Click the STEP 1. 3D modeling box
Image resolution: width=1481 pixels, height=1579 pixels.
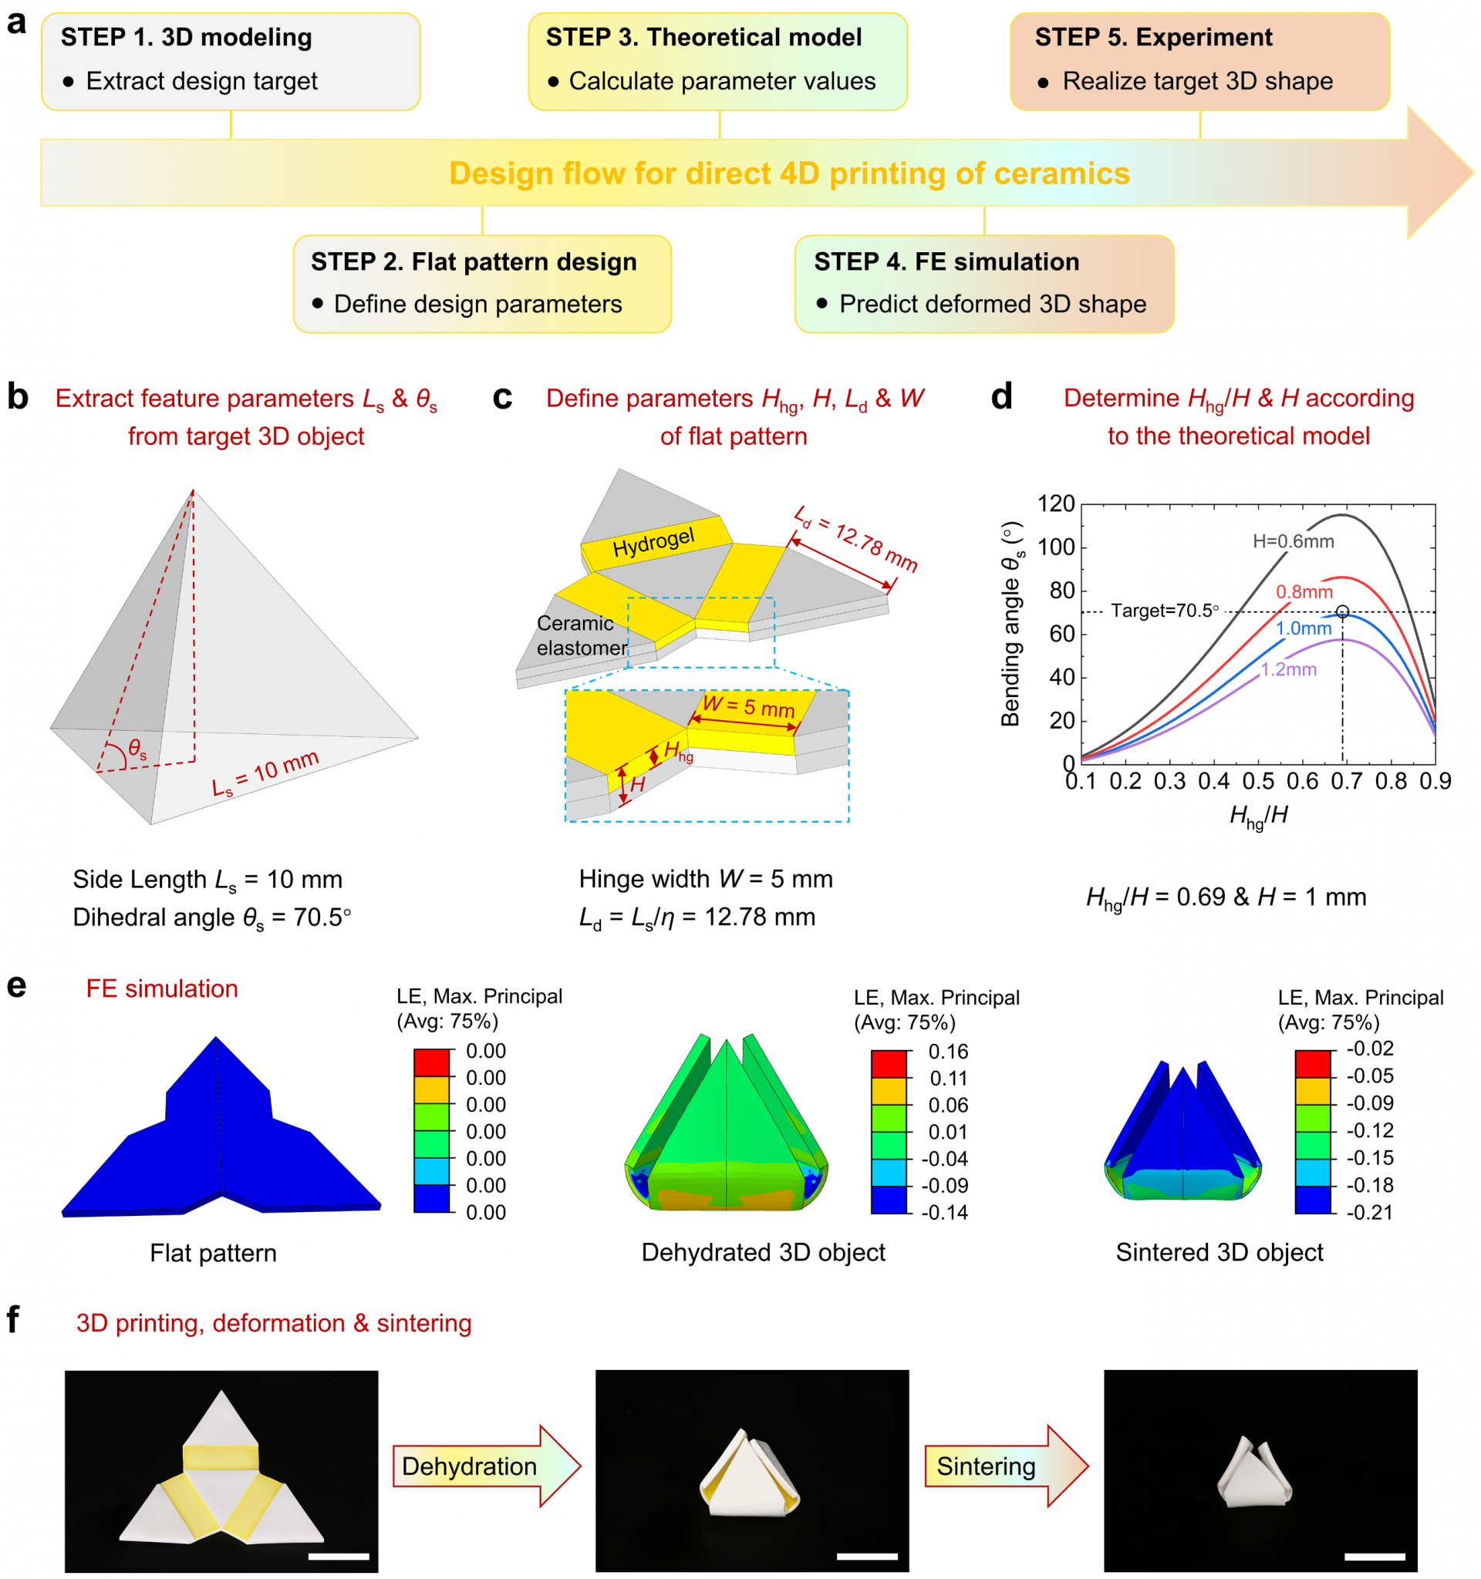(231, 61)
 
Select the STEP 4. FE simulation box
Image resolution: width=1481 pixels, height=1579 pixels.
(983, 284)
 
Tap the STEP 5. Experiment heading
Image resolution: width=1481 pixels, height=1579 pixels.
(1153, 37)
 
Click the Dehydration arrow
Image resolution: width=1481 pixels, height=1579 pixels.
(485, 1466)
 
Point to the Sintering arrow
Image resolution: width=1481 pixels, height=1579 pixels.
(1005, 1466)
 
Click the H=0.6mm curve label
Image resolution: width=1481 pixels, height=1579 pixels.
(1293, 542)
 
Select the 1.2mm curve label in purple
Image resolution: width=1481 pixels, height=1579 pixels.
(1288, 669)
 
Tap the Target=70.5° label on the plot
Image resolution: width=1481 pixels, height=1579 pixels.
(1164, 610)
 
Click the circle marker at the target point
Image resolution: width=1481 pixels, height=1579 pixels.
(1342, 611)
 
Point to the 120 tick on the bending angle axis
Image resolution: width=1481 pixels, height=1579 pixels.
(1056, 503)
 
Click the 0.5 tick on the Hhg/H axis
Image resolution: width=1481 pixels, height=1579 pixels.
(1258, 782)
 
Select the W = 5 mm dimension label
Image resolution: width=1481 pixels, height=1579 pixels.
(747, 705)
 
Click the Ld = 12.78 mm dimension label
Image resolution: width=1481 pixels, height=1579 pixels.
(855, 538)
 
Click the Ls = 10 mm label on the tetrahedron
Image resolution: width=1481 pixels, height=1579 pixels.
(265, 773)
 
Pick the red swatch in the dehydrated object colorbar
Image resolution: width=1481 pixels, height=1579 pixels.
(889, 1063)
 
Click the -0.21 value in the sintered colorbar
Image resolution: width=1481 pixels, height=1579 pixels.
(1370, 1212)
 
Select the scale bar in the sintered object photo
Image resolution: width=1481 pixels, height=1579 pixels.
(1375, 1556)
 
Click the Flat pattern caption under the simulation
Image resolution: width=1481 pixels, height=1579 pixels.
(213, 1253)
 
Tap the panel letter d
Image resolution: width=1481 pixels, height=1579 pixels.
(1001, 396)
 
